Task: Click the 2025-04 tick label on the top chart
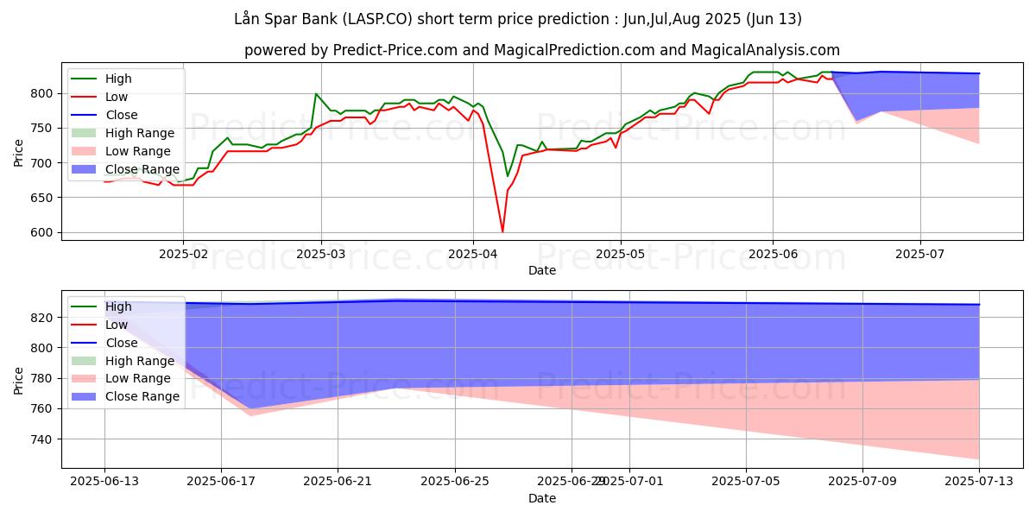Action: click(x=472, y=254)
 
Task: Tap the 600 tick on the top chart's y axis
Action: click(x=42, y=233)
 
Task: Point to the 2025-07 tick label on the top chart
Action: click(x=920, y=254)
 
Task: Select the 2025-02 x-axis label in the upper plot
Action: click(x=182, y=254)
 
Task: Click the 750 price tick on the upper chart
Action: click(x=42, y=129)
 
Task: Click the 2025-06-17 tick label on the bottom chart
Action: click(x=221, y=482)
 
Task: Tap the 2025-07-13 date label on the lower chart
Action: click(x=979, y=482)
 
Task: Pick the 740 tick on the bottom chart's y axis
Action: click(x=42, y=439)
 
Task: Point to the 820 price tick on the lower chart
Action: click(x=42, y=318)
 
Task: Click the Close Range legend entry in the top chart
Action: click(x=142, y=169)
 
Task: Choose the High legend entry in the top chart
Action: click(x=118, y=79)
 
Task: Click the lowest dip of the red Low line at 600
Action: click(x=502, y=231)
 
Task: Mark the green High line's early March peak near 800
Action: click(x=316, y=93)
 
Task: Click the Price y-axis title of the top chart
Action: click(x=20, y=152)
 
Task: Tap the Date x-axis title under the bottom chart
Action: click(x=542, y=498)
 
